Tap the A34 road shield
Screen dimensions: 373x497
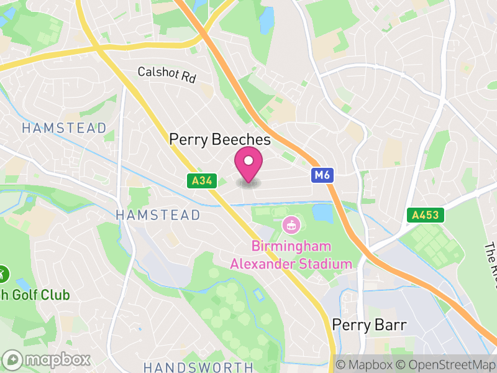pyautogui.click(x=196, y=181)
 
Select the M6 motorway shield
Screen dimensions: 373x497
pyautogui.click(x=322, y=176)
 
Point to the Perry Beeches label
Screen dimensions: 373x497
pyautogui.click(x=220, y=140)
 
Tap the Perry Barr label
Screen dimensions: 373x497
pyautogui.click(x=369, y=325)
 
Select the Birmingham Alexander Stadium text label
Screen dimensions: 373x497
pyautogui.click(x=291, y=256)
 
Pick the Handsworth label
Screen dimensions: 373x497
pyautogui.click(x=198, y=367)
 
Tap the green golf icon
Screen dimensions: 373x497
pyautogui.click(x=2, y=273)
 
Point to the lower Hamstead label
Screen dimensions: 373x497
pyautogui.click(x=158, y=215)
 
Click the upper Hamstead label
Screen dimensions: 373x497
pyautogui.click(x=64, y=128)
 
